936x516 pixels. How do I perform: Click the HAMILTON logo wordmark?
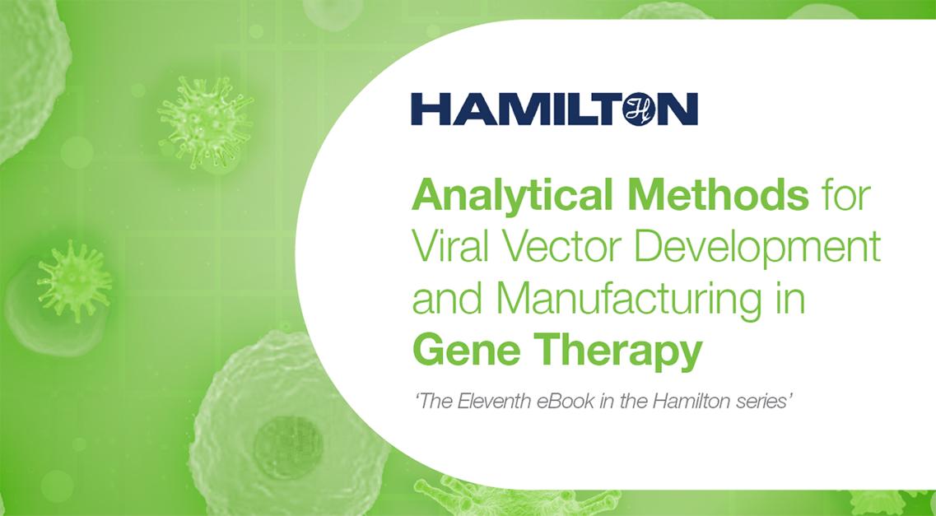click(x=554, y=109)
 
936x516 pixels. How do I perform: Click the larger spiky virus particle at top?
click(x=204, y=123)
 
